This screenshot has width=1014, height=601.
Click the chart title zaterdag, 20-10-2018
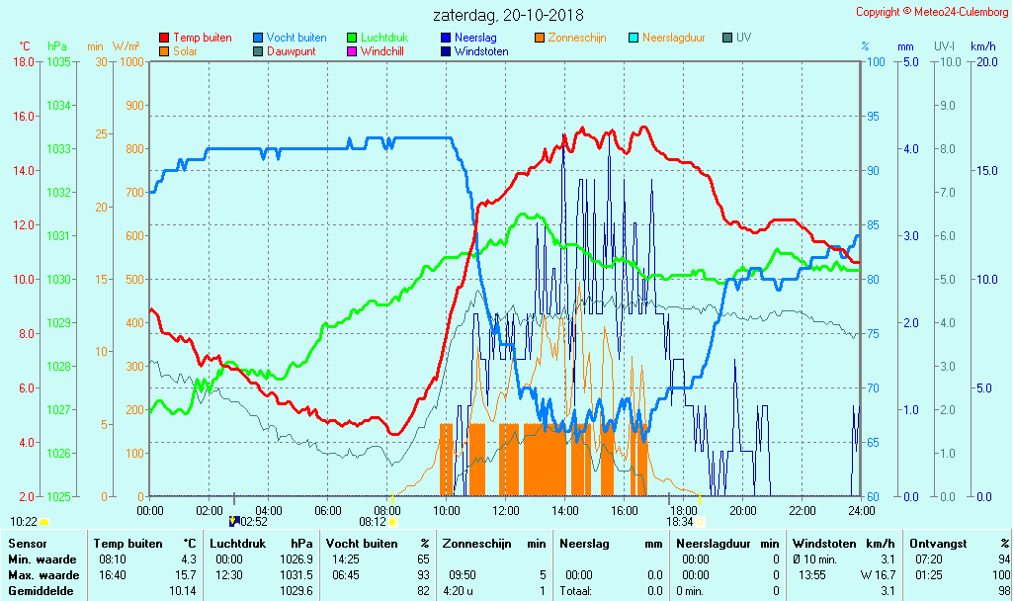508,15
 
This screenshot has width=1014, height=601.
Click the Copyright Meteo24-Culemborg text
932,12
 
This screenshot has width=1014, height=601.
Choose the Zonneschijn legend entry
576,38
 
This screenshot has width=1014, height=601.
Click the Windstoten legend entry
481,51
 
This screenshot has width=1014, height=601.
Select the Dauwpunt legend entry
291,51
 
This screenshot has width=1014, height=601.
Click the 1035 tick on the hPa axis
58,61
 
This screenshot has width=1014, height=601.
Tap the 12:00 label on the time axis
506,510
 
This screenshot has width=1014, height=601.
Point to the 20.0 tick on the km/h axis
984,61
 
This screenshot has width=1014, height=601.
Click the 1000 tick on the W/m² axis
131,61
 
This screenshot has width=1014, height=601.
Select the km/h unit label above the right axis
983,46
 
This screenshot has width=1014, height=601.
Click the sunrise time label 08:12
372,522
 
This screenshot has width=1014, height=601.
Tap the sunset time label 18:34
679,522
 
